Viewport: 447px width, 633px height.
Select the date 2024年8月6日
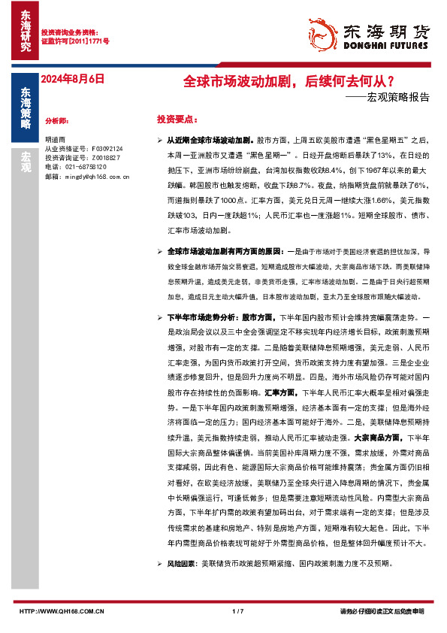click(70, 80)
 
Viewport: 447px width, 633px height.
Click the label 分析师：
click(57, 120)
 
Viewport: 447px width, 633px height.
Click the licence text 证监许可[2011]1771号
click(74, 42)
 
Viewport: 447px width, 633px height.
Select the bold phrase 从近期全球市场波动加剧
click(210, 141)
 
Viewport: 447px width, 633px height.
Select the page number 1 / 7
click(239, 611)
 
